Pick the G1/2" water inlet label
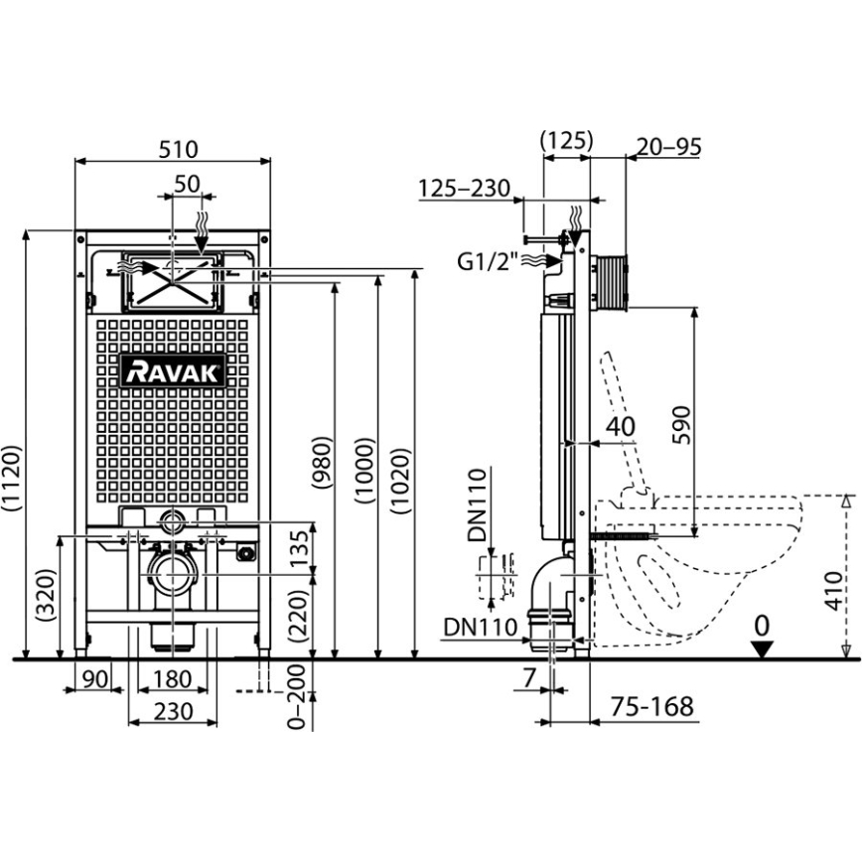click(x=487, y=263)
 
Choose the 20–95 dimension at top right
click(x=668, y=146)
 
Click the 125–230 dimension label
click(x=463, y=188)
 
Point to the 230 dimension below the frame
click(x=173, y=711)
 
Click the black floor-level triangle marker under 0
click(x=762, y=648)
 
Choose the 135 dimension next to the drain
click(x=294, y=547)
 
